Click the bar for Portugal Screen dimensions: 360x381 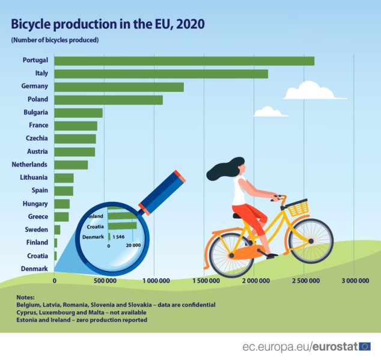tap(184, 61)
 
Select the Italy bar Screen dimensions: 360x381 tap(161, 74)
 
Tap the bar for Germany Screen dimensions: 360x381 tap(119, 87)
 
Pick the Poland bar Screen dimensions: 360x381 tap(108, 100)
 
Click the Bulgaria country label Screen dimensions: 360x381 tap(35, 112)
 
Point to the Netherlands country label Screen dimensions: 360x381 tap(30, 164)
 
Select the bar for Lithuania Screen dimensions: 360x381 tap(64, 178)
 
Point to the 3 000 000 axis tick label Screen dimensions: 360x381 tap(355, 280)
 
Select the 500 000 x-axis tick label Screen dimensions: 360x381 tap(105, 280)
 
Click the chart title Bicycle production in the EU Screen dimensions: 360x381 tap(108, 24)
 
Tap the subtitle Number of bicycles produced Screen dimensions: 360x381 tap(54, 40)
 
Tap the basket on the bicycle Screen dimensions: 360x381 tap(297, 208)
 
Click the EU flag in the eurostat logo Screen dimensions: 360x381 tap(365, 346)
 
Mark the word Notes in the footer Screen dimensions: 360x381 tap(26, 297)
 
